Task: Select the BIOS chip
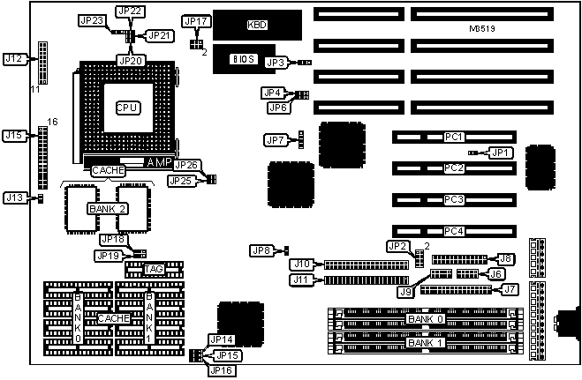tap(244, 58)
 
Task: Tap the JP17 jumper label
tap(195, 20)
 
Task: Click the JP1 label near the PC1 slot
tap(500, 153)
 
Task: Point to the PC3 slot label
tap(454, 200)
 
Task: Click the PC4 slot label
tap(454, 231)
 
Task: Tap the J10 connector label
tap(303, 264)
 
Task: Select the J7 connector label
tap(509, 288)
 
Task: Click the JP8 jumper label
tap(261, 251)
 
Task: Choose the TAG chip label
tap(155, 269)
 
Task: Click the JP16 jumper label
tap(221, 370)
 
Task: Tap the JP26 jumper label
tap(186, 165)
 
